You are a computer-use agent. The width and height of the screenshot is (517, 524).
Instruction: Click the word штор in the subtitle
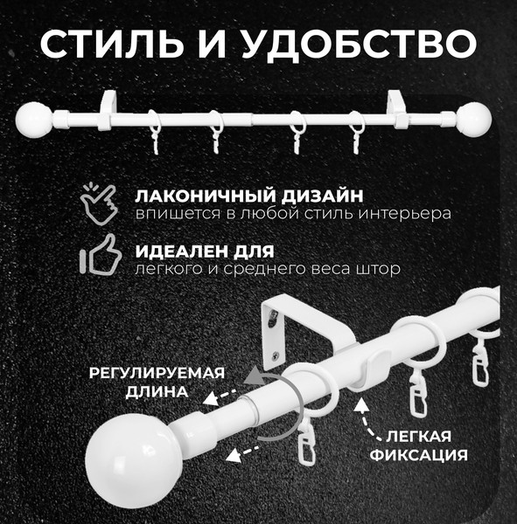(381, 270)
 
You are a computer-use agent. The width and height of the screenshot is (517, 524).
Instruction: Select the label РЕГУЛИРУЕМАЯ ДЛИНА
(156, 382)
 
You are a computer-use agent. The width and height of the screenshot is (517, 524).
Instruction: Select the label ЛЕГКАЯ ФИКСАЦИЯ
(418, 445)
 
